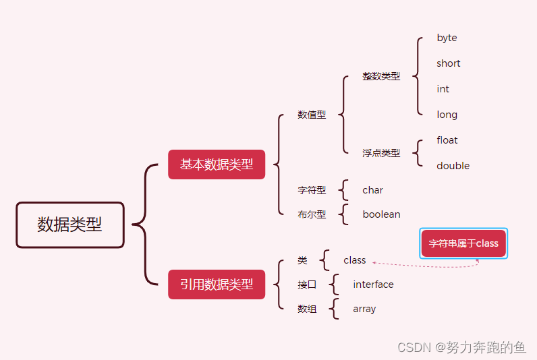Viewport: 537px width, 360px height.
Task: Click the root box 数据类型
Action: tap(70, 225)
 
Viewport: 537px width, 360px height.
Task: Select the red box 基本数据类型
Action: tap(217, 164)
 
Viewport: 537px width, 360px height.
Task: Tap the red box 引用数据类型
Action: tap(217, 284)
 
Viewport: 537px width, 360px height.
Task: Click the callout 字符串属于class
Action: tap(463, 243)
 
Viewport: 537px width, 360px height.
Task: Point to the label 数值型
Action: tap(312, 115)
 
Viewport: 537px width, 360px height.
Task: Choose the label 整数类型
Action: tap(381, 76)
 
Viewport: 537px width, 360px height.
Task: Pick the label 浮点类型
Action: tap(381, 153)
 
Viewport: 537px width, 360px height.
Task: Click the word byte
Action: tap(447, 38)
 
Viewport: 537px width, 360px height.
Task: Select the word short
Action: tap(448, 63)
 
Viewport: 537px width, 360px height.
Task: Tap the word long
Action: tap(447, 115)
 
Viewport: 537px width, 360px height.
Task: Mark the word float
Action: tap(447, 140)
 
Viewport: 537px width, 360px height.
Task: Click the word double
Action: tap(453, 166)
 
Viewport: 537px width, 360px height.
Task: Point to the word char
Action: tap(372, 190)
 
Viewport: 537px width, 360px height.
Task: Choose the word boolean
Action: tap(381, 214)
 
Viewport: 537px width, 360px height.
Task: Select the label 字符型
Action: tap(312, 190)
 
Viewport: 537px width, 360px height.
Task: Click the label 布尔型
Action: tap(312, 214)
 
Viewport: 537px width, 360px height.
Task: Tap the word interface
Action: tap(373, 284)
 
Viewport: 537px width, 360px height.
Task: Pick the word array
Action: tap(364, 309)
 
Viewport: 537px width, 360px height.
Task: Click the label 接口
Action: tap(307, 284)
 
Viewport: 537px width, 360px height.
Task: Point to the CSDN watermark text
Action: tap(461, 347)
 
